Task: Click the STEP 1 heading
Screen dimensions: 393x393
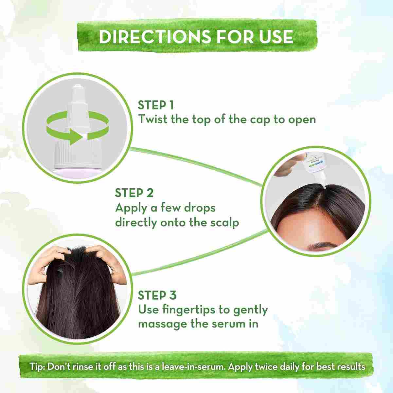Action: tap(156, 105)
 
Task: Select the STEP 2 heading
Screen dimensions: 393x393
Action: tap(134, 193)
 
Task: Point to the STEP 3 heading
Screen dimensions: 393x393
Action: tap(157, 295)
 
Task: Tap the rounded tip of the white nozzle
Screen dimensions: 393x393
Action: tap(77, 87)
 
